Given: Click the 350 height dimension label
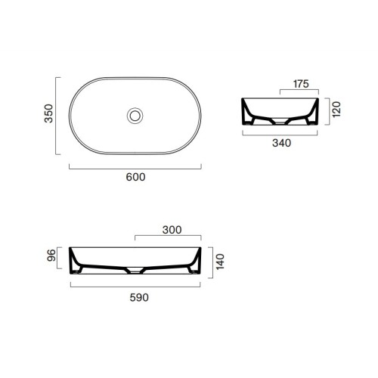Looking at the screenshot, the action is [x=48, y=113].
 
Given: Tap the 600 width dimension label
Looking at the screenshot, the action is [x=135, y=177].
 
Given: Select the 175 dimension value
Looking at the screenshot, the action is [x=301, y=84].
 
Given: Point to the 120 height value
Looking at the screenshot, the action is [x=336, y=110].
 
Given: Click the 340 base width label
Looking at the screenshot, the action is [x=282, y=143].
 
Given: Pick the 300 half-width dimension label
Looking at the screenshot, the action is [x=172, y=230].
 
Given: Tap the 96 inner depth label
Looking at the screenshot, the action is [x=51, y=256].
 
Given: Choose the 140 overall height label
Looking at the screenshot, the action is [x=220, y=262].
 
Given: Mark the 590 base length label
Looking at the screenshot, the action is [x=139, y=298].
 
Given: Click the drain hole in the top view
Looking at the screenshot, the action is [x=135, y=116].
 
